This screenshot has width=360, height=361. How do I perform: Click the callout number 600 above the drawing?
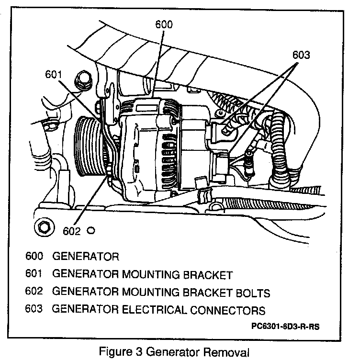[x=164, y=24]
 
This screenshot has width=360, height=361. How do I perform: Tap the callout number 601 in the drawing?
[x=55, y=74]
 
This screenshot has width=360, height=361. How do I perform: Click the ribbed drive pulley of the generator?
[x=89, y=148]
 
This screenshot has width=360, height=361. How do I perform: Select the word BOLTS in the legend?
[x=247, y=292]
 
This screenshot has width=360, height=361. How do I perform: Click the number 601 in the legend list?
[x=34, y=274]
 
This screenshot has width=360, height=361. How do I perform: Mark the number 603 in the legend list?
[x=34, y=310]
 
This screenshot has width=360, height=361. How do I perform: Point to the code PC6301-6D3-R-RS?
[x=284, y=327]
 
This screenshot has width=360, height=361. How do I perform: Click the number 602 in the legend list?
[x=34, y=292]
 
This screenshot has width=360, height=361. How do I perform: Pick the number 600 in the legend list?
[x=34, y=256]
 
